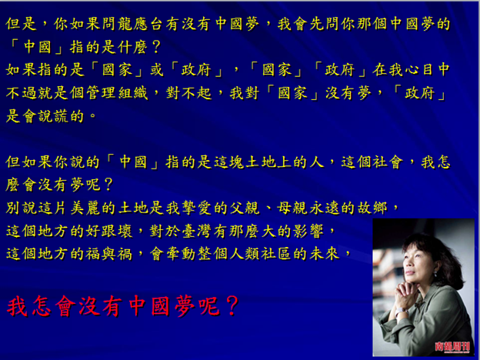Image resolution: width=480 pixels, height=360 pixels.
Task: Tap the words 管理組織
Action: point(117,93)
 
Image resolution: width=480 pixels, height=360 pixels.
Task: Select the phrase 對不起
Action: point(188,93)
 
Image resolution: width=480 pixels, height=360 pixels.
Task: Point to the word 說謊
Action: point(54,116)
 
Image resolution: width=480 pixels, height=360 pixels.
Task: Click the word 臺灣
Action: point(196,231)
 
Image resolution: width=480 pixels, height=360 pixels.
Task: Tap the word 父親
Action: point(245,208)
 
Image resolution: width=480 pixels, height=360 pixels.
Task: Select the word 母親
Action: point(292,208)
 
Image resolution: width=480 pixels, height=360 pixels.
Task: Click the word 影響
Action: point(308,231)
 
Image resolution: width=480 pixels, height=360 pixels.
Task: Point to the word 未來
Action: point(324,254)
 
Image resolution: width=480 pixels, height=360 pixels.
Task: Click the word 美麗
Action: point(85,208)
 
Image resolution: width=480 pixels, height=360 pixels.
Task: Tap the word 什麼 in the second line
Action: point(133,47)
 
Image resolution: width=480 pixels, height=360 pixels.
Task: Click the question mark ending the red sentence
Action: point(232,306)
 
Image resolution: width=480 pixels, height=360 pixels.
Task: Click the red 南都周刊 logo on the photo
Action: point(452,346)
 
